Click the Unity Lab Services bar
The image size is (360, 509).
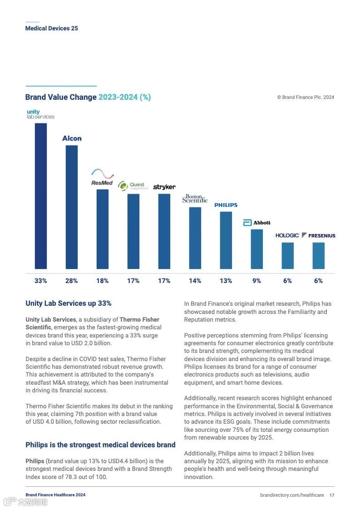(x=41, y=196)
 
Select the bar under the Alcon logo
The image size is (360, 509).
(x=72, y=207)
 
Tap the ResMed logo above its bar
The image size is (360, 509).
(x=102, y=177)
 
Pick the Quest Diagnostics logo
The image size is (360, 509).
(x=133, y=186)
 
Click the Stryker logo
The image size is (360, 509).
(x=164, y=187)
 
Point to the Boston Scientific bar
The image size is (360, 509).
(x=195, y=238)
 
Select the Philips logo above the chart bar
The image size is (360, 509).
(x=226, y=205)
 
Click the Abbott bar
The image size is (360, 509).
(x=257, y=249)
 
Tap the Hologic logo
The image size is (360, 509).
(x=287, y=235)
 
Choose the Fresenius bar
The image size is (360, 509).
(x=319, y=255)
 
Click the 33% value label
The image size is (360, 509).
(x=41, y=281)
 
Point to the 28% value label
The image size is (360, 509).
(x=72, y=281)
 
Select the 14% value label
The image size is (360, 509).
(x=195, y=281)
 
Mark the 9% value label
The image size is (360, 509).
(x=257, y=281)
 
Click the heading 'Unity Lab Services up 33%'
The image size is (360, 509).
(x=69, y=303)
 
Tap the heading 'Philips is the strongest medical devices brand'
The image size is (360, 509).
(x=100, y=445)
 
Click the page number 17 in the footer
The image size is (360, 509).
(x=332, y=495)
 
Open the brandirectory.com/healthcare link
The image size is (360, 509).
(x=292, y=495)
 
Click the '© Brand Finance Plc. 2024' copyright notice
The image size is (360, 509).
(x=306, y=97)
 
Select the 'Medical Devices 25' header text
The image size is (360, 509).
(x=51, y=28)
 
